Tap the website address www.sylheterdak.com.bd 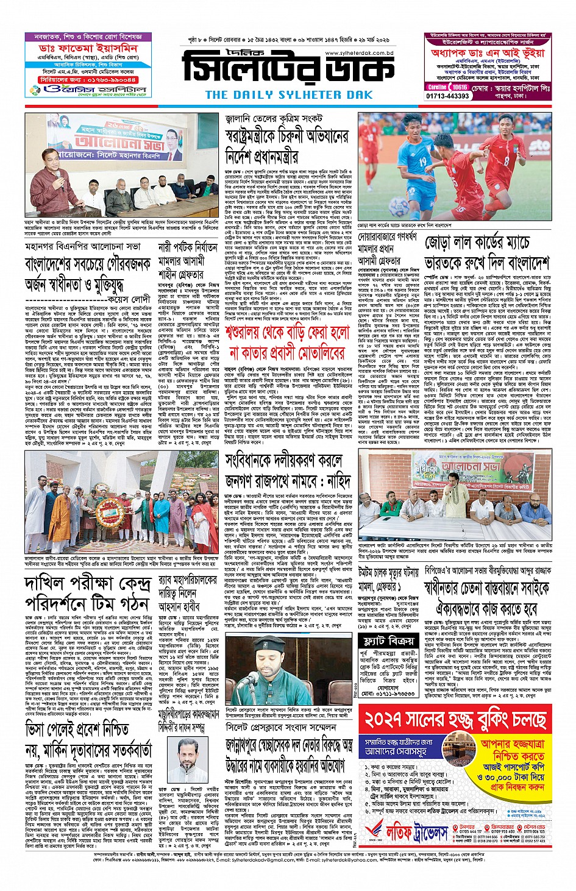[359, 53]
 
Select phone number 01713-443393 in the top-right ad [448, 96]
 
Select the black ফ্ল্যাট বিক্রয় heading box [386, 641]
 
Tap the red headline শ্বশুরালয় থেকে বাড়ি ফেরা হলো [287, 333]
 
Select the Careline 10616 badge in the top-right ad [448, 87]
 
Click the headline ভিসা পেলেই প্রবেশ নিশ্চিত [77, 729]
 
